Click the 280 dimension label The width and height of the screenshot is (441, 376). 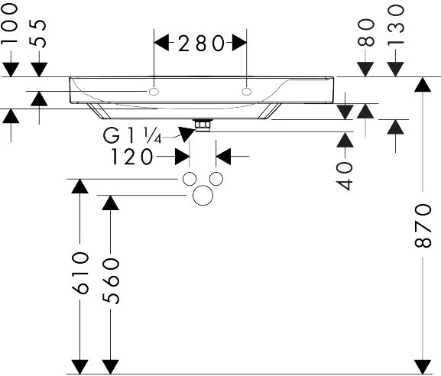click(x=202, y=44)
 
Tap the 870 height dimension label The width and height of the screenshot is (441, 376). click(x=423, y=225)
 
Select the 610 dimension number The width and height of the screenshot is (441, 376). click(x=80, y=273)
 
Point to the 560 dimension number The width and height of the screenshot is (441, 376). click(x=111, y=281)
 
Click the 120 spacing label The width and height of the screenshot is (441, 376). click(x=132, y=157)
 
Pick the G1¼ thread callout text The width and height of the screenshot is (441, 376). click(x=132, y=135)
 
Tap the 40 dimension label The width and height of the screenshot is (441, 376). click(x=345, y=177)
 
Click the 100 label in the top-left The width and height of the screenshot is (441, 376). click(x=9, y=24)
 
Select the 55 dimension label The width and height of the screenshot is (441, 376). click(x=37, y=34)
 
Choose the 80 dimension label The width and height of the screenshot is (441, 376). click(x=366, y=32)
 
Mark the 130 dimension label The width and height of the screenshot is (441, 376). click(x=395, y=25)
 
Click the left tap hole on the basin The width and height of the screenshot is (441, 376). click(x=154, y=92)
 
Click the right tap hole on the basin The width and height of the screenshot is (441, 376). click(x=247, y=92)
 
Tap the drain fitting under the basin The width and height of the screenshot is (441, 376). click(x=203, y=125)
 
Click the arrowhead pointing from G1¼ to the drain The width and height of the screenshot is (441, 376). click(x=186, y=133)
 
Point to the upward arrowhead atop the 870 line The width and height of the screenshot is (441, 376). click(x=423, y=84)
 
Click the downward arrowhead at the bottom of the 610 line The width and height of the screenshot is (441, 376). click(x=80, y=367)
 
